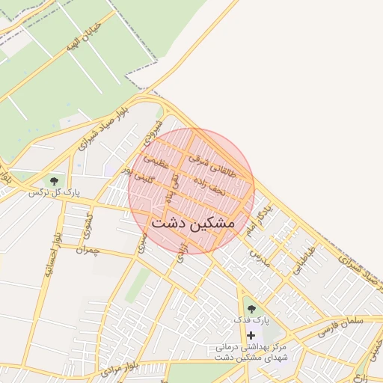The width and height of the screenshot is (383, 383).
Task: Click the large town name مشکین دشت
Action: (x=193, y=223)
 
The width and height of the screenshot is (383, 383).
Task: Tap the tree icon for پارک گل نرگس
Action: (x=54, y=180)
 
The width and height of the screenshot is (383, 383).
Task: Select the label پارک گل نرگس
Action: (x=54, y=193)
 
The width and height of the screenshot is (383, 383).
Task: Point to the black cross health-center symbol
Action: (x=251, y=335)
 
